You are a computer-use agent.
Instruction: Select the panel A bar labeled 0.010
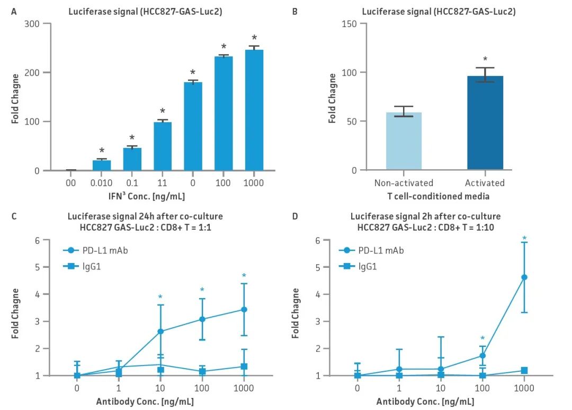point(102,165)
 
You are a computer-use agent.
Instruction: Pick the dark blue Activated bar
point(485,123)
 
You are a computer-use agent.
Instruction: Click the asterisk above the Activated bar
point(485,60)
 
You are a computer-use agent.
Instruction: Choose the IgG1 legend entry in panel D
point(367,267)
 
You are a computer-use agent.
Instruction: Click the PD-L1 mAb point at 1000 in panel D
point(524,277)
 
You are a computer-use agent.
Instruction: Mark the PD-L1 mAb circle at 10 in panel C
point(160,332)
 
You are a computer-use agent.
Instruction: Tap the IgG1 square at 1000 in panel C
point(244,367)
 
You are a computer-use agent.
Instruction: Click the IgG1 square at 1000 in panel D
point(524,370)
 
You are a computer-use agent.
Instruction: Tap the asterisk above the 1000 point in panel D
point(524,238)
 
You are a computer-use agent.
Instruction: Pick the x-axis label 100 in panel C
point(202,388)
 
